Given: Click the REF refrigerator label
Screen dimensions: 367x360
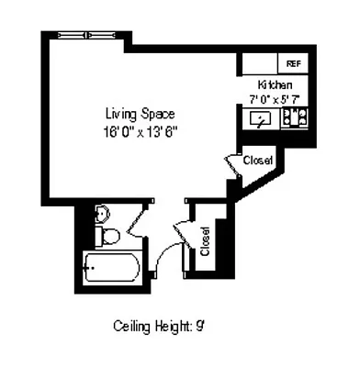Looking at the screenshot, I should point(294,63).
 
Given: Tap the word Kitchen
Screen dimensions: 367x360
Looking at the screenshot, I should point(275,84).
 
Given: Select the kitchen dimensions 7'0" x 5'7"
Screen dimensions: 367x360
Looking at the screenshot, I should point(275,96).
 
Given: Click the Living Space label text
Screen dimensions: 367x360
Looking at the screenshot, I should point(139,114).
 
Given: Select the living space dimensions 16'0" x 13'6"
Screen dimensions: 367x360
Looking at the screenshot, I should point(139,129).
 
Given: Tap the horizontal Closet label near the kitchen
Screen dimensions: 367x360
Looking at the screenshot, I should point(257,161).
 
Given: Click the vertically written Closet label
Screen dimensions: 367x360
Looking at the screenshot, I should point(205,241).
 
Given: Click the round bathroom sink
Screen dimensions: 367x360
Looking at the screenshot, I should point(103,215).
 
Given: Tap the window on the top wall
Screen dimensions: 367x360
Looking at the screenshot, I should point(89,35).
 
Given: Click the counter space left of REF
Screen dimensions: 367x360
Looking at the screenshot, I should point(260,63).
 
